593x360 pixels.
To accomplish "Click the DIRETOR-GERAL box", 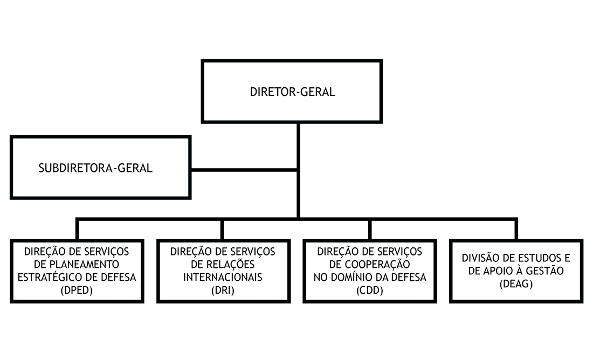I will pos(292,92).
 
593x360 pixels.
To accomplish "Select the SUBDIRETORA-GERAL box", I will pos(100,167).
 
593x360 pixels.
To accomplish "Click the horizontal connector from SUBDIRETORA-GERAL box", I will pos(244,171).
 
